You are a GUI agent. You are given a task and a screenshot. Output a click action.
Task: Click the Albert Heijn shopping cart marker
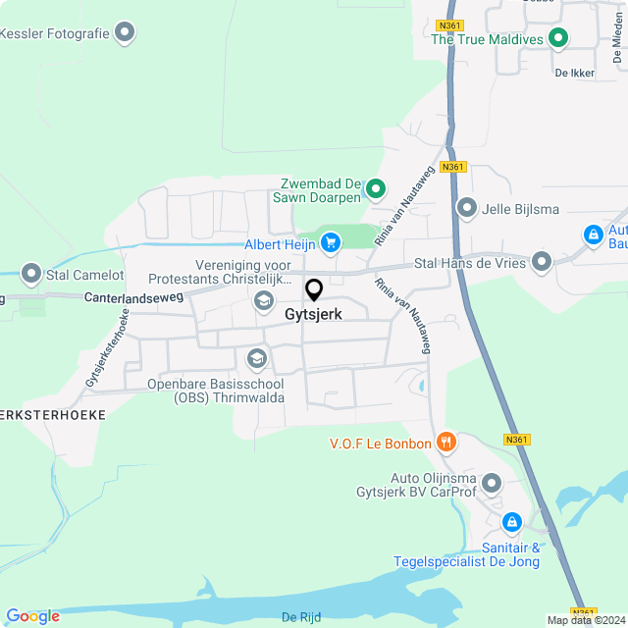click(x=331, y=241)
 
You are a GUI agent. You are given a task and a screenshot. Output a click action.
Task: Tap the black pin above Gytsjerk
click(x=314, y=290)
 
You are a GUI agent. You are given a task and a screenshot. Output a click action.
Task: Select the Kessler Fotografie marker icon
click(x=125, y=33)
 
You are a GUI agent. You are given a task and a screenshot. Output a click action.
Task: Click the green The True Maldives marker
click(x=558, y=39)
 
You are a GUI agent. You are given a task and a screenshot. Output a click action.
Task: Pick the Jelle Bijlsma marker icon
click(x=467, y=208)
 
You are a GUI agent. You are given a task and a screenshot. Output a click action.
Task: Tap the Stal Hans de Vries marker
click(x=542, y=262)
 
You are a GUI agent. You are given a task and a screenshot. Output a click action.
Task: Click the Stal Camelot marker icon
click(x=31, y=274)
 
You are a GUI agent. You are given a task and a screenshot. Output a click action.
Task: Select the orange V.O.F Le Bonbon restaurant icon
click(x=445, y=443)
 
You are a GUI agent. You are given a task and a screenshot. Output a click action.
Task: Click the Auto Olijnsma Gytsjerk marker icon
click(x=492, y=483)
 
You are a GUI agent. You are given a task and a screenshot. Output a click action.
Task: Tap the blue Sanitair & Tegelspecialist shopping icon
click(x=511, y=522)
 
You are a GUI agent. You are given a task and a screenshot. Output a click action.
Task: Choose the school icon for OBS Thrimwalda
click(x=257, y=359)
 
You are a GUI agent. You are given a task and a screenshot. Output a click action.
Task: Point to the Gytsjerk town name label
click(x=314, y=315)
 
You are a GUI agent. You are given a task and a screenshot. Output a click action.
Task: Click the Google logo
click(x=32, y=615)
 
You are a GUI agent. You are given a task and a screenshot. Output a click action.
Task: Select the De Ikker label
click(x=574, y=73)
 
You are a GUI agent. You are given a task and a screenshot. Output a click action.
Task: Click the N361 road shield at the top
click(x=450, y=26)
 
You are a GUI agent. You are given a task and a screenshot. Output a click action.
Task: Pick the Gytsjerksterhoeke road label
click(x=108, y=346)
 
